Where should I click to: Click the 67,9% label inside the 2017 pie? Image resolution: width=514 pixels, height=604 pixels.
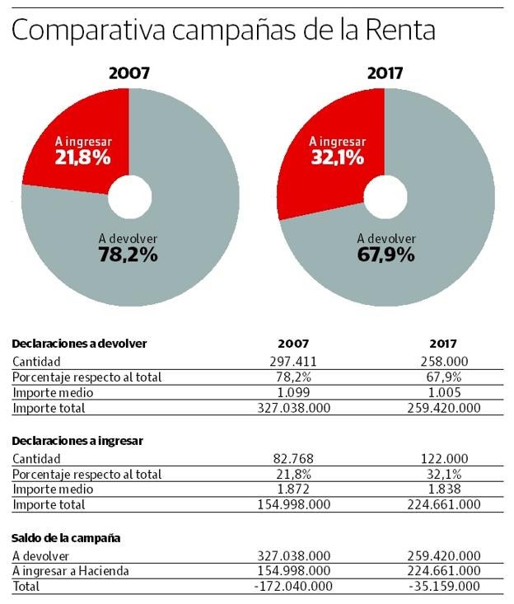(x=385, y=255)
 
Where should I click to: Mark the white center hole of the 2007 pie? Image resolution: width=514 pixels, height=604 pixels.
(x=129, y=195)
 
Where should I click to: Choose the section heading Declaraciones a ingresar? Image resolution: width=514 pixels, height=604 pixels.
(x=78, y=441)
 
